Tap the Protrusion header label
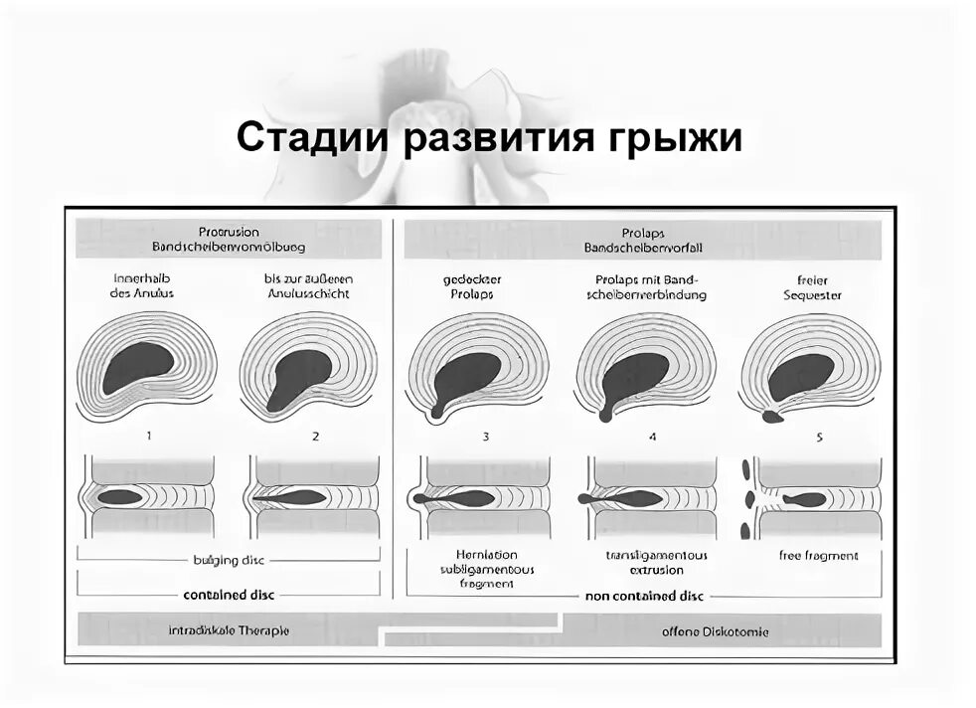[x=228, y=232]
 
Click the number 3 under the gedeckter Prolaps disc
[x=485, y=436]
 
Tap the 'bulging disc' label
[x=229, y=560]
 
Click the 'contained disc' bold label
[x=229, y=595]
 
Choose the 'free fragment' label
[x=818, y=556]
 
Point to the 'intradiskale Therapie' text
[x=229, y=630]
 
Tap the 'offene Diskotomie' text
[x=715, y=631]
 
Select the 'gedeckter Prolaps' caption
[x=470, y=287]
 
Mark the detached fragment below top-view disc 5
[x=772, y=418]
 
